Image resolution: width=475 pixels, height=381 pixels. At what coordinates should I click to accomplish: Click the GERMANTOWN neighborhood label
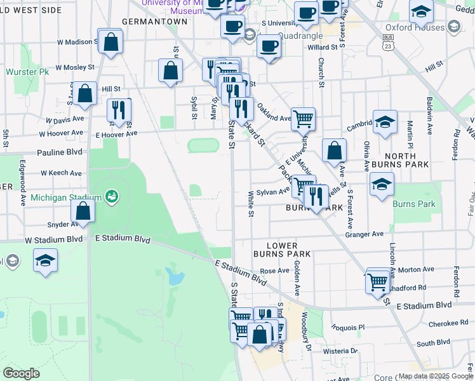[x=154, y=21]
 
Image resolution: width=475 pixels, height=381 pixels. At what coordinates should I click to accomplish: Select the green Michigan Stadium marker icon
[x=112, y=196]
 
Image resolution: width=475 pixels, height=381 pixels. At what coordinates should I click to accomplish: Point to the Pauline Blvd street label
[x=60, y=152]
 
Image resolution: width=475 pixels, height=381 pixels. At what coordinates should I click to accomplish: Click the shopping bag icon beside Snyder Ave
[x=83, y=211]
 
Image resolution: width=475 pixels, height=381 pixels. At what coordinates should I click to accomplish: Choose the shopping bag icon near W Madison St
[x=110, y=43]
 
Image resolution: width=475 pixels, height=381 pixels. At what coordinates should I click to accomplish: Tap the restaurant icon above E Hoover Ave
[x=119, y=110]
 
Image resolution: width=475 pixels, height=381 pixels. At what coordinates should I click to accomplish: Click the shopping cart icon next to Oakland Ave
[x=304, y=118]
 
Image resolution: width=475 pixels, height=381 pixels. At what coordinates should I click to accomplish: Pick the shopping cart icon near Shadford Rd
[x=378, y=281]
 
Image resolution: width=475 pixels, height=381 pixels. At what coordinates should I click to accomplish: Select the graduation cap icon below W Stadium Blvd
[x=45, y=260]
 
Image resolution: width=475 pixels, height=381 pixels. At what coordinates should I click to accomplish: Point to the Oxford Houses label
[x=415, y=27]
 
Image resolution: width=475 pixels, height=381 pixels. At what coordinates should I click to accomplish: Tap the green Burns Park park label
[x=414, y=204]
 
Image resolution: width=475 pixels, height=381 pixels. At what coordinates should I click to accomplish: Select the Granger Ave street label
[x=365, y=234]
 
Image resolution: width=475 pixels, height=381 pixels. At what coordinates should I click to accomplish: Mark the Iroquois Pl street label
[x=349, y=327]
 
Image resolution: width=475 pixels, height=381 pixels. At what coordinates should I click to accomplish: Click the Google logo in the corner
[x=22, y=373]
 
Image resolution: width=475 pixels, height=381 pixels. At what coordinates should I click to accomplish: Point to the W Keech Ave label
[x=62, y=173]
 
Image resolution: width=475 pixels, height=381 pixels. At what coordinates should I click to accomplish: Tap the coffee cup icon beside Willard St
[x=269, y=46]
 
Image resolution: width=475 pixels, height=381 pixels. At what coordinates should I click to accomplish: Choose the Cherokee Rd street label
[x=448, y=323]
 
